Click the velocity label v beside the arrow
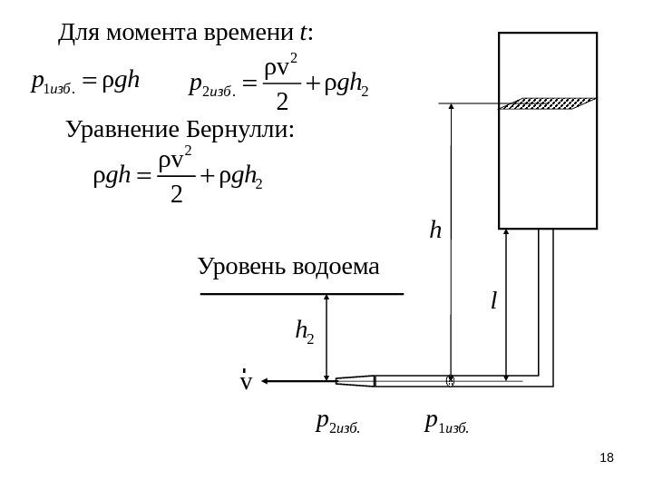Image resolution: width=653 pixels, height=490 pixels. (244, 382)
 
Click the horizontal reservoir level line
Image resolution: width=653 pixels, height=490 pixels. (301, 294)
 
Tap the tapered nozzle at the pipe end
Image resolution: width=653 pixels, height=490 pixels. (354, 381)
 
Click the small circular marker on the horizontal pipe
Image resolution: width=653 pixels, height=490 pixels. (449, 381)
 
